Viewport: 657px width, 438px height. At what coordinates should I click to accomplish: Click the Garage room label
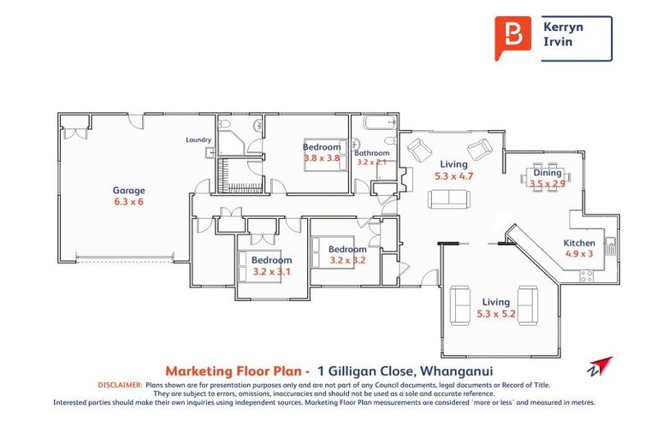tap(129, 191)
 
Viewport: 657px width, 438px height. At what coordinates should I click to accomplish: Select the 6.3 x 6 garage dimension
tap(129, 203)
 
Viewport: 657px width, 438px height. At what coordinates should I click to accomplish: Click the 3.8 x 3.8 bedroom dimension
tap(322, 158)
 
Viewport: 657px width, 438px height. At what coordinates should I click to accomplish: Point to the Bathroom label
tap(371, 153)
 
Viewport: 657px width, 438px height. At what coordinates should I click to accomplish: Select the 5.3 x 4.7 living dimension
tap(453, 176)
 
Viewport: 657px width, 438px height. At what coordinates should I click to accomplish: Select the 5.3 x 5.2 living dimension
tap(495, 314)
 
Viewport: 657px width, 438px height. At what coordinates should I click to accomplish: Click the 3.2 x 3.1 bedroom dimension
tap(272, 272)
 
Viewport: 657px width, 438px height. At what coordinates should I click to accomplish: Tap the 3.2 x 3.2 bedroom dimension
tap(347, 261)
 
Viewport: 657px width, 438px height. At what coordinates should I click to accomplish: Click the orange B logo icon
tap(512, 37)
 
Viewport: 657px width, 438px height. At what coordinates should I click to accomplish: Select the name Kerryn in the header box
tap(564, 27)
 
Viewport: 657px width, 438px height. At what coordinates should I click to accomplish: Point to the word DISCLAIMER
tap(120, 386)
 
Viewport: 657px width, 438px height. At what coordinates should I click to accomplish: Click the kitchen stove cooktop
tap(588, 275)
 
